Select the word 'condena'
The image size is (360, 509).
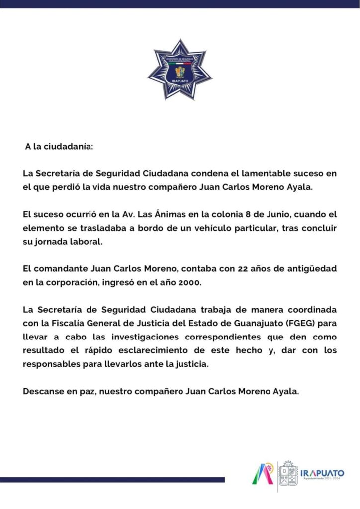[196, 174]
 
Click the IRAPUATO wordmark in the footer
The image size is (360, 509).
[322, 472]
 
